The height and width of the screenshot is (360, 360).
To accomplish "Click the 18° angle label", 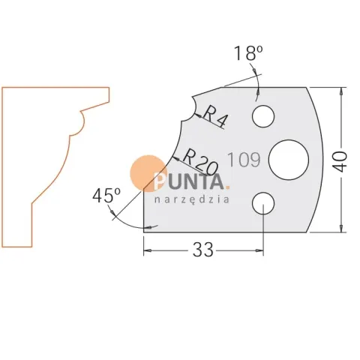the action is click(248, 53).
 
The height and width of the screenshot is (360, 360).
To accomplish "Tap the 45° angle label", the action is click(106, 195).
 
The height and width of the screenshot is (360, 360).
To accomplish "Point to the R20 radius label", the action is click(201, 162).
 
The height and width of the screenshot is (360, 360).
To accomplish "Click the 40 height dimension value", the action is click(340, 161).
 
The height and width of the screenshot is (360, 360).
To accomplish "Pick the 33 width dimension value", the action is click(203, 250).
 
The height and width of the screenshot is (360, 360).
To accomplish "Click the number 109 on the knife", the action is click(244, 160).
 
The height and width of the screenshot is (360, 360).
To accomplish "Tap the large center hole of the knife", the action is click(289, 160).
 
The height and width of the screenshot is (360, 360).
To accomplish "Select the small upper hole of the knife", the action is click(263, 116).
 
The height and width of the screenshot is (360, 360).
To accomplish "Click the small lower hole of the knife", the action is click(263, 203).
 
